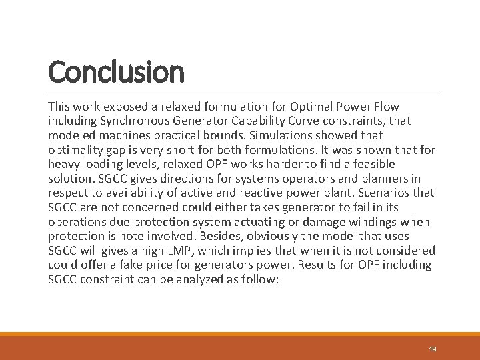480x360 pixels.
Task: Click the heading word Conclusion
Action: [116, 72]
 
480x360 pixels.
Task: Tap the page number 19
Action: [433, 349]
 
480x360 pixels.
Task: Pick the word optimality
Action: [75, 150]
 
